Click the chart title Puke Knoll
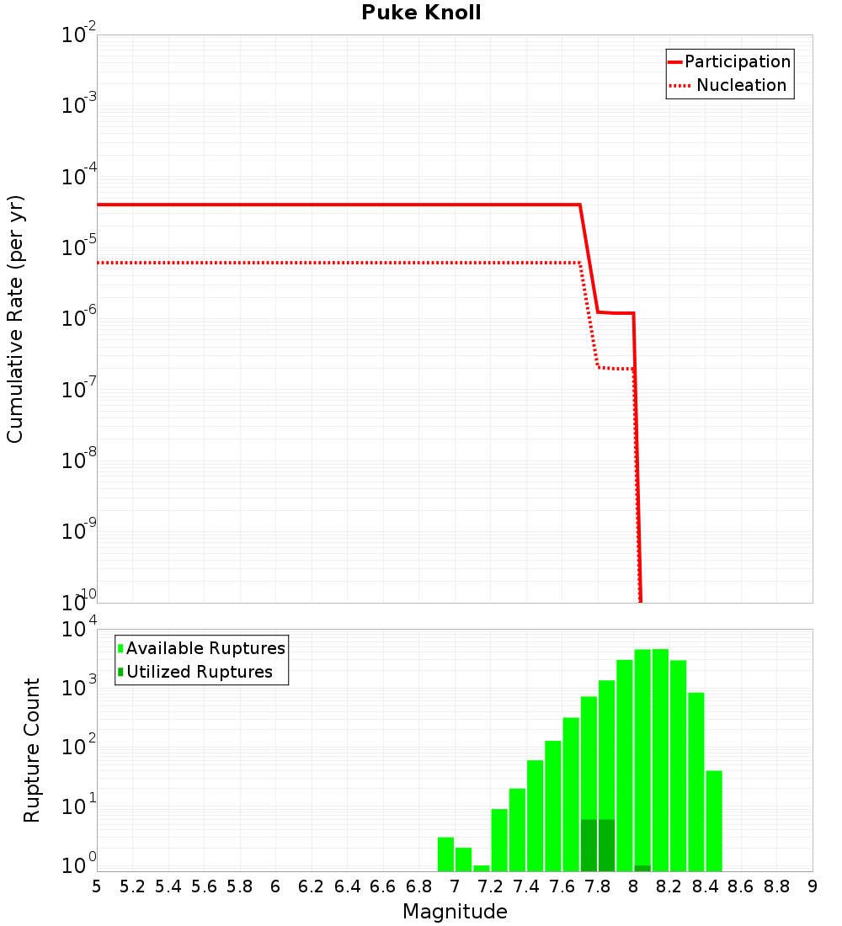[421, 13]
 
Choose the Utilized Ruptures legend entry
[199, 672]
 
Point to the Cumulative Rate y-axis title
[15, 318]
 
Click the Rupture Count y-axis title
[32, 750]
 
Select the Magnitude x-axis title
[455, 912]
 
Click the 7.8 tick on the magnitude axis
[598, 886]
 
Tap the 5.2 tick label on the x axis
[133, 886]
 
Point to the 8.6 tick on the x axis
[741, 886]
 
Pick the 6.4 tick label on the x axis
[348, 886]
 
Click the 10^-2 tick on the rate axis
[79, 35]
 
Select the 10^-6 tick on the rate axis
[79, 318]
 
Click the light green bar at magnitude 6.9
[445, 854]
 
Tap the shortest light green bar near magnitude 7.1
[482, 868]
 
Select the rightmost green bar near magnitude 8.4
[714, 821]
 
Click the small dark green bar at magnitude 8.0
[642, 868]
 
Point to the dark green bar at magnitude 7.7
[589, 845]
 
